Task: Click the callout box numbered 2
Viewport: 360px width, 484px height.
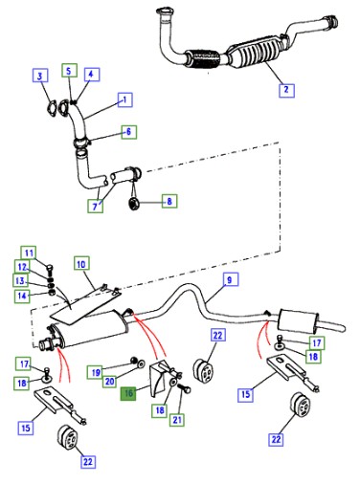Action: coord(286,90)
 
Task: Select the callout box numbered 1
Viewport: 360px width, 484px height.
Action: coord(125,99)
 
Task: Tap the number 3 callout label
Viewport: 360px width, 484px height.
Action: coord(40,76)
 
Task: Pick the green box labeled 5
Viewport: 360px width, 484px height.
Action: coord(69,71)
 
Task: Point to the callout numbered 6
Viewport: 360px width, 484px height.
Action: coord(129,131)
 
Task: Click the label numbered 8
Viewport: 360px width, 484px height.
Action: coord(169,201)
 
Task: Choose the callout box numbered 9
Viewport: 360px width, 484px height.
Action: coord(230,280)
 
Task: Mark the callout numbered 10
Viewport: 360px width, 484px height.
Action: coord(81,264)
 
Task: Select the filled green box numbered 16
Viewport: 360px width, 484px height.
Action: coord(128,393)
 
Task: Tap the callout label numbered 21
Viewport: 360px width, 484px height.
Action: coord(177,420)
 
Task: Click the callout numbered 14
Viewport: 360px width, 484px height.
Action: coord(22,296)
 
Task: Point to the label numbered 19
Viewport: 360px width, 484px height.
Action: coord(96,372)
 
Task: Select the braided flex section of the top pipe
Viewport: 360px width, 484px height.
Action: coord(202,59)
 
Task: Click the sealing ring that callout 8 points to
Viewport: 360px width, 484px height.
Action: coord(133,204)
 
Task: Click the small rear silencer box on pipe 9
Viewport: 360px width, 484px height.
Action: coord(298,320)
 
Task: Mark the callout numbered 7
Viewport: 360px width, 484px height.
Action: coord(95,207)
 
